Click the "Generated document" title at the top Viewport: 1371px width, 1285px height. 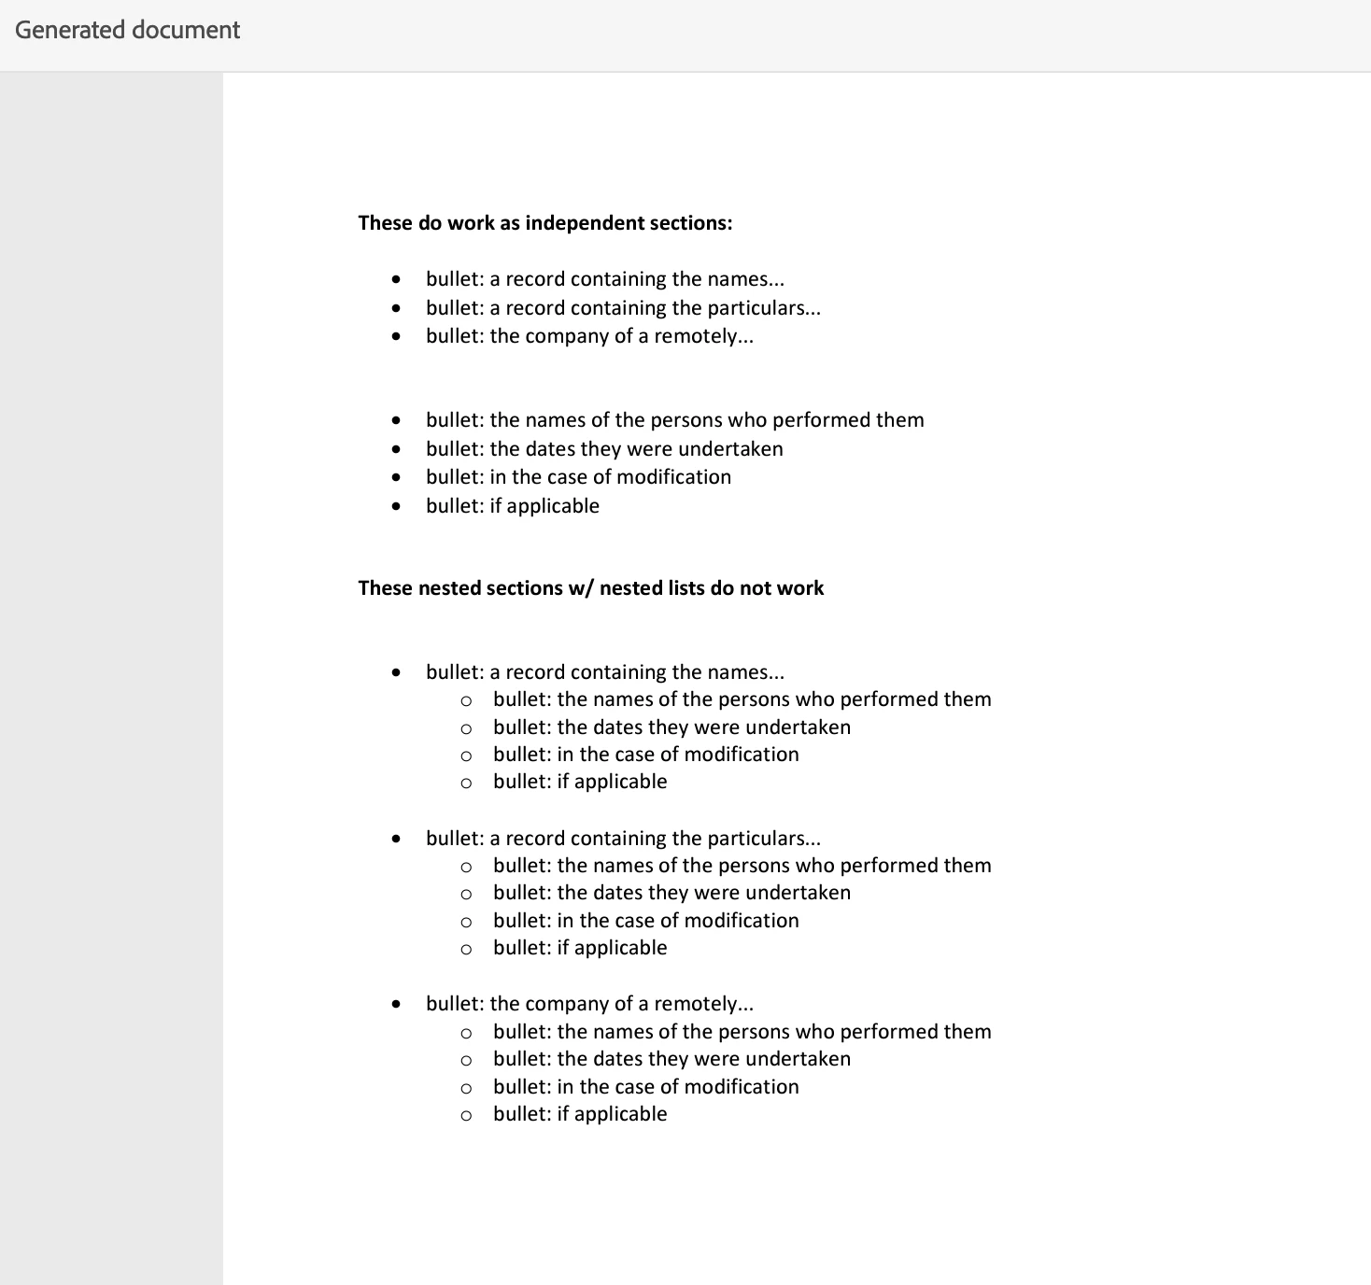(x=128, y=30)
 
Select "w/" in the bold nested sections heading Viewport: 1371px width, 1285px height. (x=581, y=588)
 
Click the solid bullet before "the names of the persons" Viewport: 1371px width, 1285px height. (x=397, y=421)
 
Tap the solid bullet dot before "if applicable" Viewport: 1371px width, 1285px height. (x=397, y=506)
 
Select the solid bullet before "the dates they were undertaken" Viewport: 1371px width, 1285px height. (x=397, y=449)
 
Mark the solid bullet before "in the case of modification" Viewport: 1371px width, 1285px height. (x=397, y=477)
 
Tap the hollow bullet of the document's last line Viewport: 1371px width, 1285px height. (x=466, y=1115)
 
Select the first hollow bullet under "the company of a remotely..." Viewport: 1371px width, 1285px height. (x=466, y=1033)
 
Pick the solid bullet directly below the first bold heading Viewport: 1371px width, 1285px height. (x=397, y=279)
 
